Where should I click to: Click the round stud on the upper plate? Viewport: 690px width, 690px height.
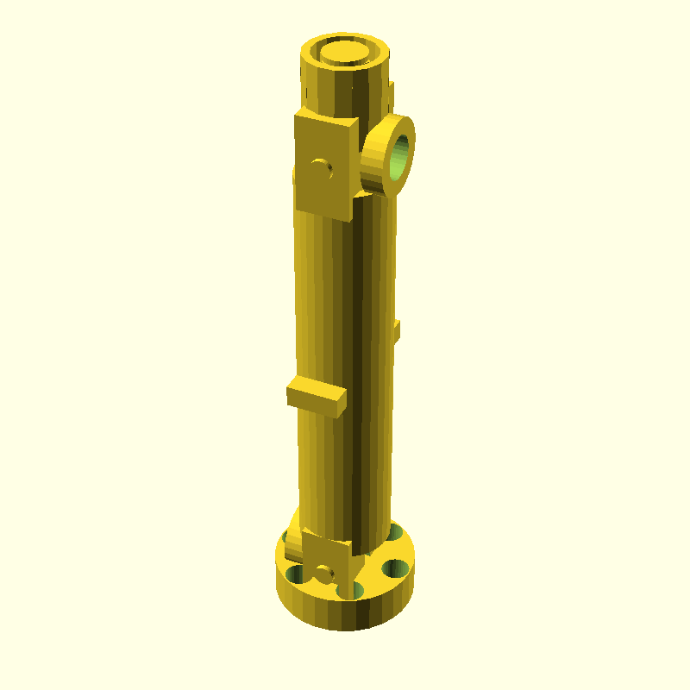tap(323, 167)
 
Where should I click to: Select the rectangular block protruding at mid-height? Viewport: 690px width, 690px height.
tap(317, 398)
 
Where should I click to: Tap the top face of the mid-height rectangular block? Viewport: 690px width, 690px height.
tap(317, 387)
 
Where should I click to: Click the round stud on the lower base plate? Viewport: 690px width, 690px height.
tap(324, 573)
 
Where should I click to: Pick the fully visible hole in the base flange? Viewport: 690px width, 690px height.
tap(396, 568)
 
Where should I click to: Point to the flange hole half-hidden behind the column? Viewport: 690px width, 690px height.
tap(394, 533)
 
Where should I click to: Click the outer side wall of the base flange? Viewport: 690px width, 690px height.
tap(345, 612)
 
